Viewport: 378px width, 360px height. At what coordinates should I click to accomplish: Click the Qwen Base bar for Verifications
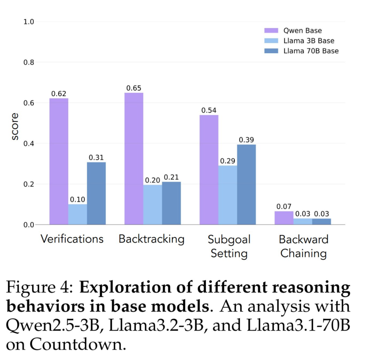pos(59,161)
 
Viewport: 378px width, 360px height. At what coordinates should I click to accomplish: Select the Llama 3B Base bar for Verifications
pos(78,214)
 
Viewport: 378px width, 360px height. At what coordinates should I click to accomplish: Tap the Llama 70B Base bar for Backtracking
pos(171,203)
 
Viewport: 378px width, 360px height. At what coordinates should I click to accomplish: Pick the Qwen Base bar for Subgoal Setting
pos(209,170)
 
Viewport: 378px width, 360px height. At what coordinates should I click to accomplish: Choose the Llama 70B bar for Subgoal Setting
pos(246,185)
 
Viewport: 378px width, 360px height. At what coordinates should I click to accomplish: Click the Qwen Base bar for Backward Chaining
pos(284,218)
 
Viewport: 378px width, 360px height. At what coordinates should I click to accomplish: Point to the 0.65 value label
pos(134,88)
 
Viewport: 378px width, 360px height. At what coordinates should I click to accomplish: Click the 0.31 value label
pos(96,158)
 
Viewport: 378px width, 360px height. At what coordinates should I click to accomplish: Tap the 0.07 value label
pos(284,207)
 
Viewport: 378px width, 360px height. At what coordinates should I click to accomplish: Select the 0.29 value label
pos(227,161)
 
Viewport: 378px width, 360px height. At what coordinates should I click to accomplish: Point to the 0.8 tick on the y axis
pos(29,63)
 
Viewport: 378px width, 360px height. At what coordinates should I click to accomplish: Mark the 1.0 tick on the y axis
pos(29,22)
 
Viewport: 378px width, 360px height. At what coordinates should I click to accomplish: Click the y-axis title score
pos(15,127)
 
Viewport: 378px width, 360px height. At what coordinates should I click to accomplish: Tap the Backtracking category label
pos(152,239)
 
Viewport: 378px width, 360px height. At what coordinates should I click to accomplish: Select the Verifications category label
pos(72,239)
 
